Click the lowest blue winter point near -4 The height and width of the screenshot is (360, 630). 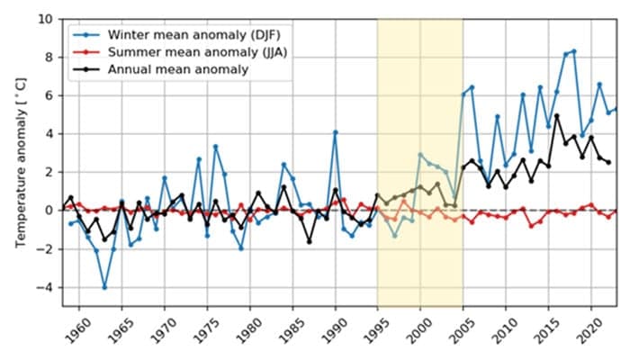104,287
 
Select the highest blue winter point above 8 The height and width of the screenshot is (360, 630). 574,51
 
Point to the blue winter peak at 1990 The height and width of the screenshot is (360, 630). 336,132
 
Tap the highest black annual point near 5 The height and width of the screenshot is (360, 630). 557,115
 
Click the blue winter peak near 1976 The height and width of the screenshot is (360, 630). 216,146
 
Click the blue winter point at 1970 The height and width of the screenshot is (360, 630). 165,177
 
